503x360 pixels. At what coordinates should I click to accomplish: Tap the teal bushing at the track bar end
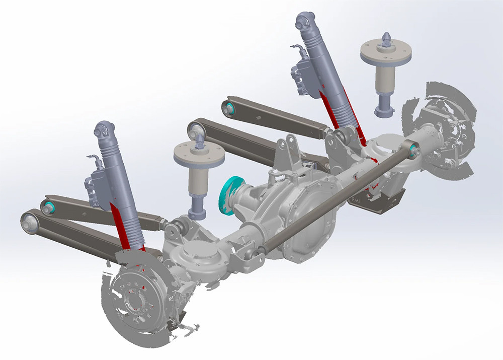point(413,150)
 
